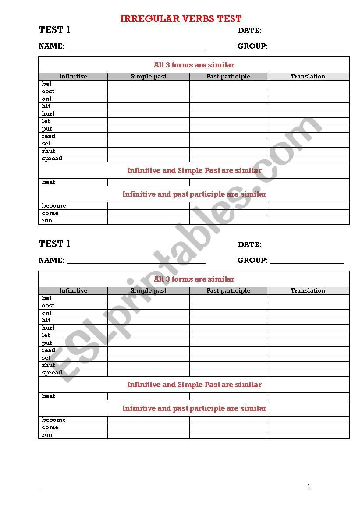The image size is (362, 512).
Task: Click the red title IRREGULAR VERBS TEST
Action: (181, 19)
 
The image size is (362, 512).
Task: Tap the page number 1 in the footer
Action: (309, 486)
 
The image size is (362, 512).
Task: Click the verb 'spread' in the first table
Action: (52, 159)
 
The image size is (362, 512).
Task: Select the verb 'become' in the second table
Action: (54, 420)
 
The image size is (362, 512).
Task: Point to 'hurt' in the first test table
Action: (48, 114)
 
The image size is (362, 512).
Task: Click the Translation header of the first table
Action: (308, 77)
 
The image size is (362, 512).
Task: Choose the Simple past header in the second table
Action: (148, 291)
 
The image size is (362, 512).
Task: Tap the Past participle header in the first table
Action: (228, 77)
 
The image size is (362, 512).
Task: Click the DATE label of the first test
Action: (250, 31)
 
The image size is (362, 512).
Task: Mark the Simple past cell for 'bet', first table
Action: (148, 84)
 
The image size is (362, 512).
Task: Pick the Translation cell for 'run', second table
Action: (308, 435)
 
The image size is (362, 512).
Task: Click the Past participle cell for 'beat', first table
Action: (228, 182)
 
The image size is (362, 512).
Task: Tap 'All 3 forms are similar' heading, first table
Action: (194, 65)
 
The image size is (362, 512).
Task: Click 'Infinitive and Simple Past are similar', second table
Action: (194, 385)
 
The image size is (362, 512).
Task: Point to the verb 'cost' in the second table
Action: (48, 306)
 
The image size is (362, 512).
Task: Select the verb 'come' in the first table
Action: (50, 213)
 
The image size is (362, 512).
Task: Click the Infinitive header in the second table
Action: (73, 291)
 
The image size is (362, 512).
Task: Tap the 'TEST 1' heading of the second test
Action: (54, 244)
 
